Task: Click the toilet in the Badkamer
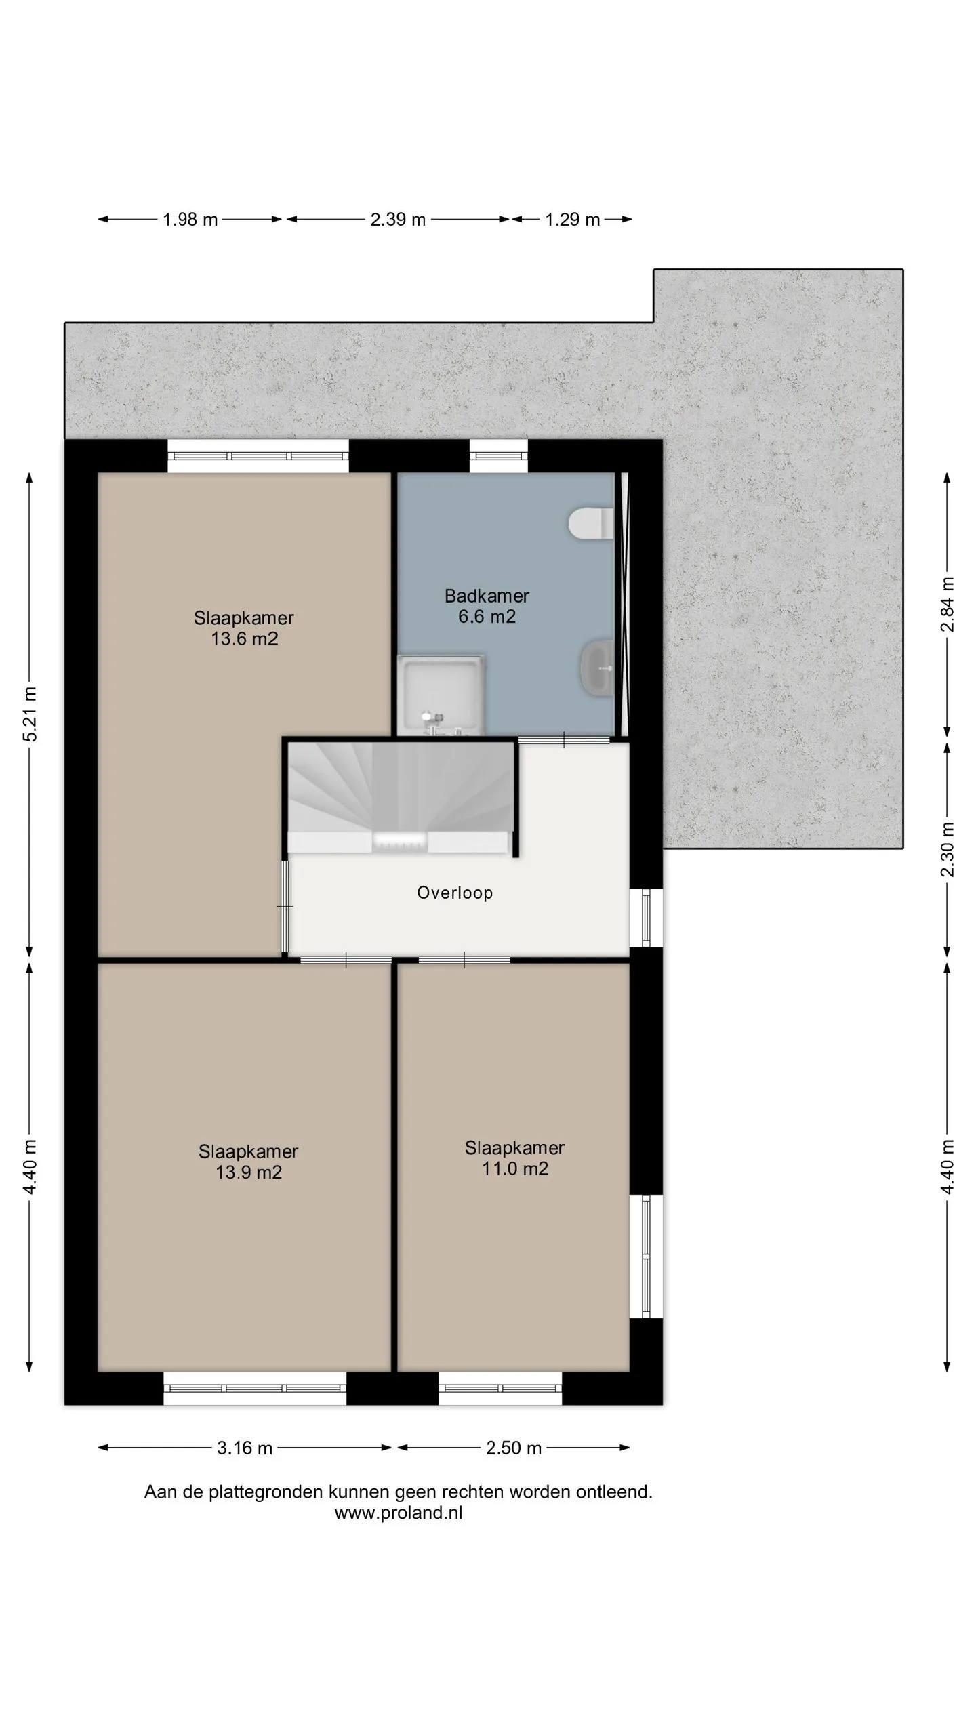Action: (x=591, y=523)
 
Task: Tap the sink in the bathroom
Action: (x=597, y=668)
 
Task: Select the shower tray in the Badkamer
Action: (x=441, y=695)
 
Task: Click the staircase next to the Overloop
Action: (x=400, y=798)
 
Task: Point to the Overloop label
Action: (x=455, y=893)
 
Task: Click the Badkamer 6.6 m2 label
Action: (x=487, y=606)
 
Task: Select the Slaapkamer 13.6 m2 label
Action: (x=244, y=628)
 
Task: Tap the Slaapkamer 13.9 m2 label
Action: (x=248, y=1162)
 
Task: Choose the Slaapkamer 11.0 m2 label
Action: (x=514, y=1158)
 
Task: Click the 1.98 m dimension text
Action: (x=190, y=220)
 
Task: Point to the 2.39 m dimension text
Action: (x=398, y=220)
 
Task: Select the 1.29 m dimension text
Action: (x=573, y=220)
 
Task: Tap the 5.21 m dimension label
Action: (x=30, y=714)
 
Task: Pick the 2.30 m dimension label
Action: (x=948, y=849)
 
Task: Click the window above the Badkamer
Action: (x=499, y=456)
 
